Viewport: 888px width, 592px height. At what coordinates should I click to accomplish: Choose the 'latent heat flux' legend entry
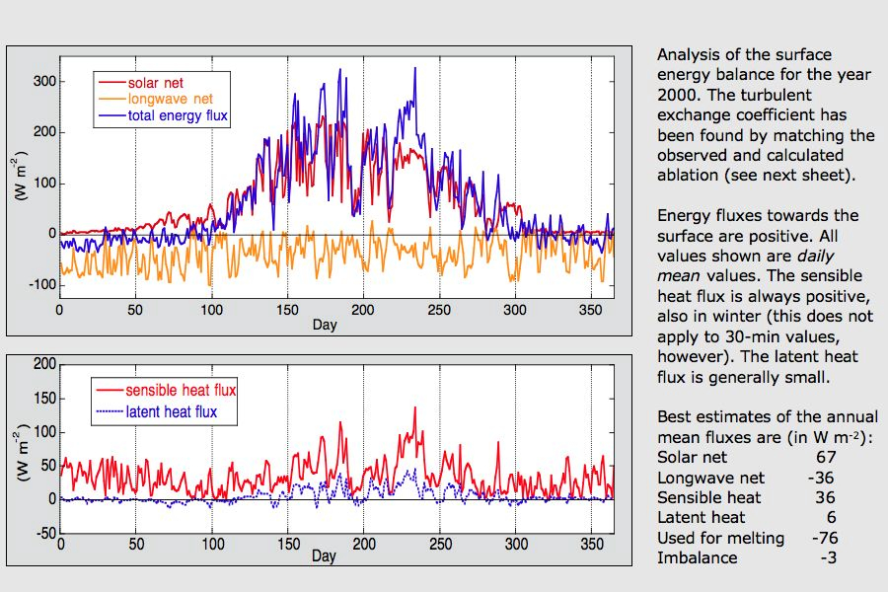[x=173, y=410]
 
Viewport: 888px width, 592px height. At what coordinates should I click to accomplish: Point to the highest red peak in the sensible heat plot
[x=414, y=407]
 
